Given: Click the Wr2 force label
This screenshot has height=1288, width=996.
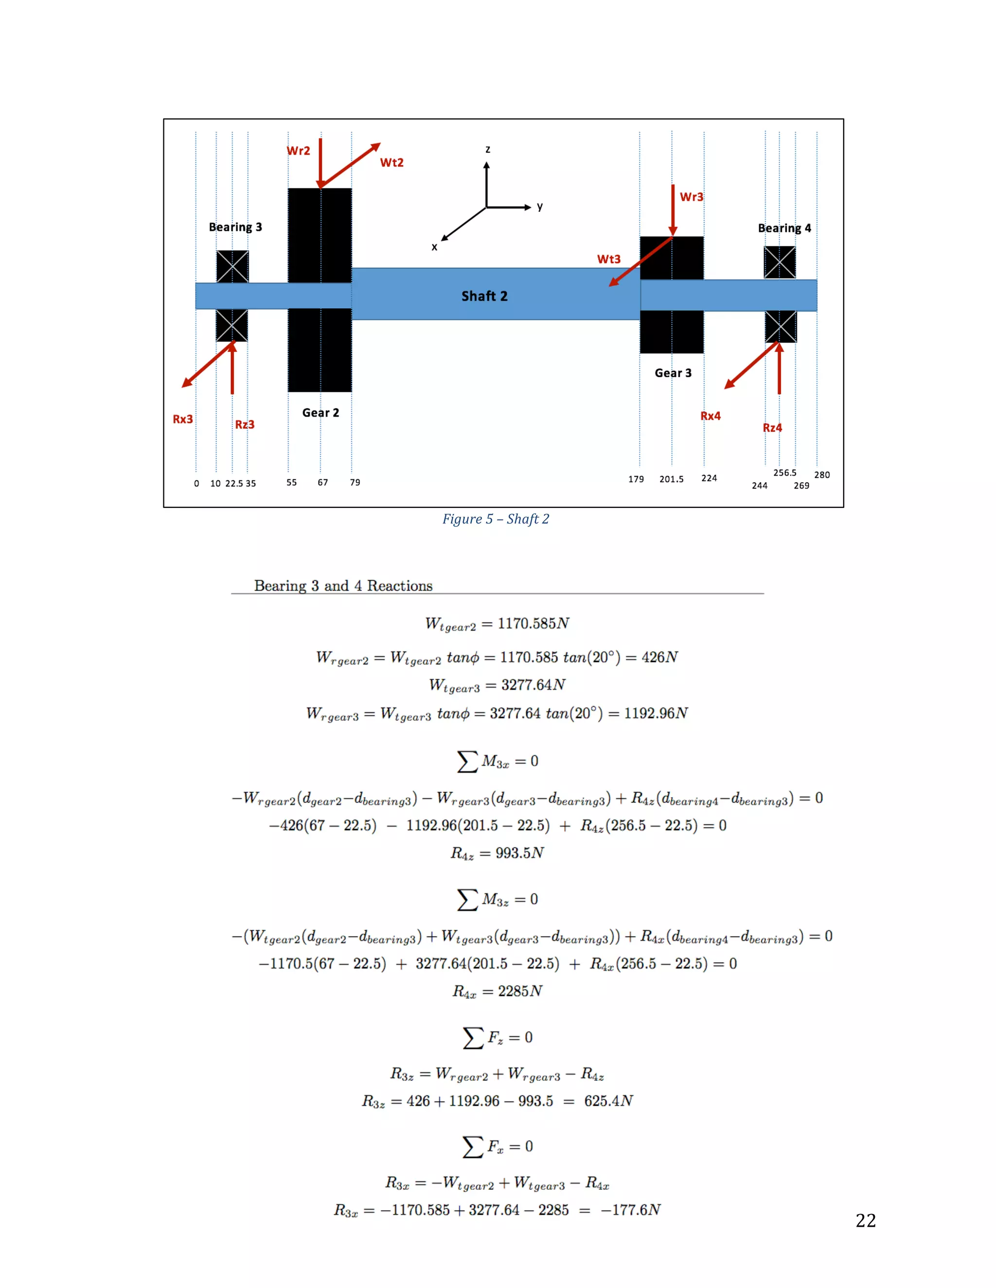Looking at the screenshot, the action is [298, 151].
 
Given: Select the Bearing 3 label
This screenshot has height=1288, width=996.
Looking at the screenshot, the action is [235, 227].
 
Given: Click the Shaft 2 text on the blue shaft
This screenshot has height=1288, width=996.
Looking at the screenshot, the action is [484, 296].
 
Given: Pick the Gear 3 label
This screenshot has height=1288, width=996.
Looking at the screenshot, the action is [673, 373].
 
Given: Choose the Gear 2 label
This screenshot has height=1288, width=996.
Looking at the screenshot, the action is [320, 413].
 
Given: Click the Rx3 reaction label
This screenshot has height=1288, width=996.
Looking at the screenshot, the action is [182, 419].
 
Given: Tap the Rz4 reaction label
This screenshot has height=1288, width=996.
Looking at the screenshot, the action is [772, 428].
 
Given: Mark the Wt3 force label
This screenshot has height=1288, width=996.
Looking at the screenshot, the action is [608, 259].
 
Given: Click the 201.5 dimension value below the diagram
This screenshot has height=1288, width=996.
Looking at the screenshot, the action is [672, 479].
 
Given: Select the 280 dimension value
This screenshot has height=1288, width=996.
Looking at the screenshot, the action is [822, 475].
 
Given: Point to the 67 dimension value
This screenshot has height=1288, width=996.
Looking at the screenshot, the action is [323, 483].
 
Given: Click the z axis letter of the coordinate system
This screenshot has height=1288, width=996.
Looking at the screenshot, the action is [487, 150].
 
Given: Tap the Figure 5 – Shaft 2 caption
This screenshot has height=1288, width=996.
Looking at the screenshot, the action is [496, 519].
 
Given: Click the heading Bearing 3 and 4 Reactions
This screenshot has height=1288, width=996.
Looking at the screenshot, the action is [343, 586].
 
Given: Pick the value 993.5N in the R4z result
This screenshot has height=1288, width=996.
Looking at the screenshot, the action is [519, 853].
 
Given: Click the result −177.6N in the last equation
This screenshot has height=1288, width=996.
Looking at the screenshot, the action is [630, 1210].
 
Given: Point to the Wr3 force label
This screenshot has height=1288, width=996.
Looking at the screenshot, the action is [691, 197].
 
